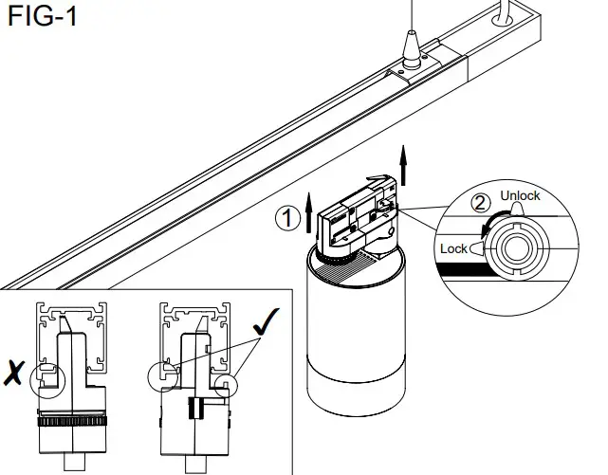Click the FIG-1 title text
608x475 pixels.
[x=43, y=17]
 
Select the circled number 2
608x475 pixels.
[x=482, y=202]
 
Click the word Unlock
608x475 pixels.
[x=520, y=196]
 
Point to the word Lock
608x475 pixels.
[x=453, y=248]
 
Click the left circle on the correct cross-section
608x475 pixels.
[x=163, y=375]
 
